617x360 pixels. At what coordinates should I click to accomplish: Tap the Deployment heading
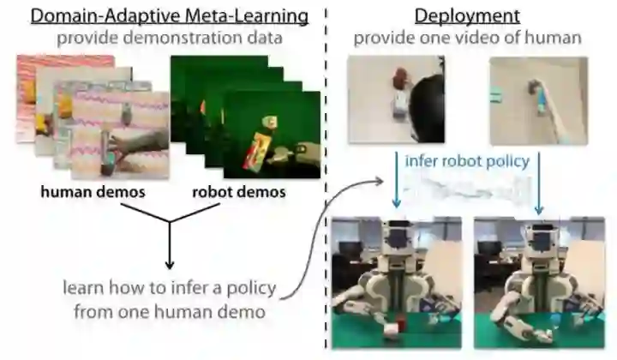(x=467, y=15)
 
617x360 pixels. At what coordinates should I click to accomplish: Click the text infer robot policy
(x=467, y=160)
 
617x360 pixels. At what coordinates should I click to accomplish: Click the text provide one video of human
(x=467, y=39)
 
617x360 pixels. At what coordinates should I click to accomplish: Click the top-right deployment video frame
(x=538, y=99)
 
